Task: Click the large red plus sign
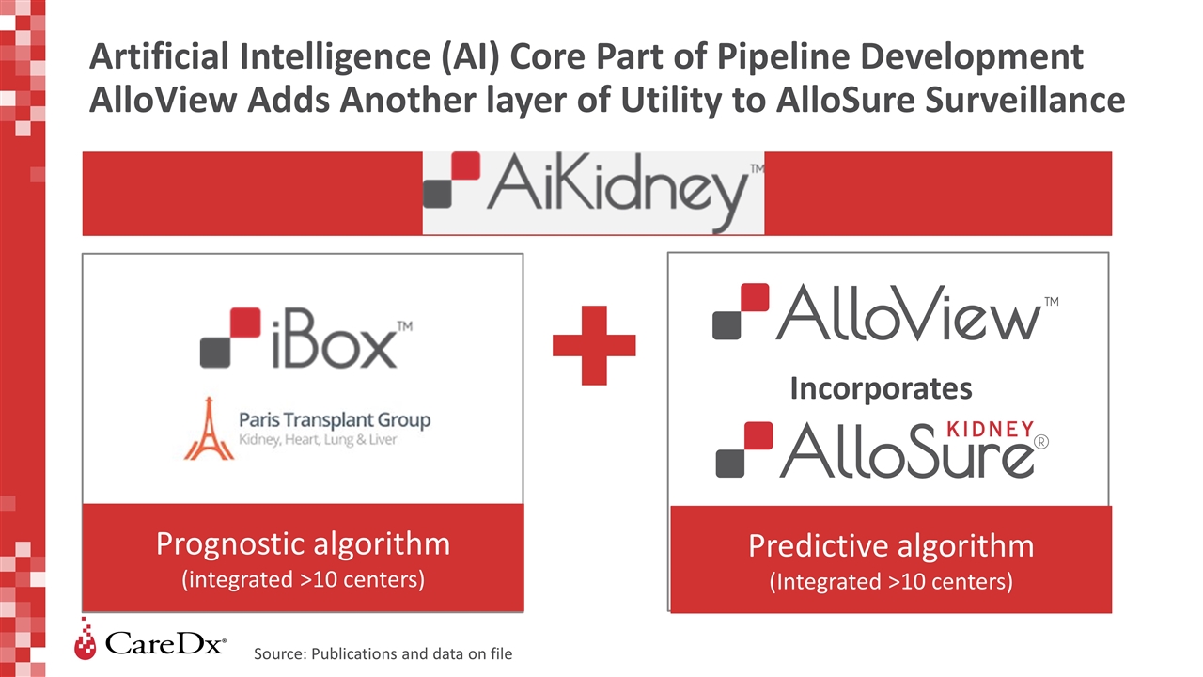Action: coord(593,344)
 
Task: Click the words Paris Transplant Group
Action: coord(336,419)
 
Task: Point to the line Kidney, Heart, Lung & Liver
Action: coord(319,440)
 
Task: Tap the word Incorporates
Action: coord(880,387)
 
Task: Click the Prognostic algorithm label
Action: coord(303,543)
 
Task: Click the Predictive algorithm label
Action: coord(890,546)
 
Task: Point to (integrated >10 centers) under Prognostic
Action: coord(303,579)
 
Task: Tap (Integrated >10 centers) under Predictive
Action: coord(890,582)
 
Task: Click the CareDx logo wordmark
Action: coord(165,644)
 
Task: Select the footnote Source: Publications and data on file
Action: coord(383,653)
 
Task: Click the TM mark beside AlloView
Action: coord(1051,303)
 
